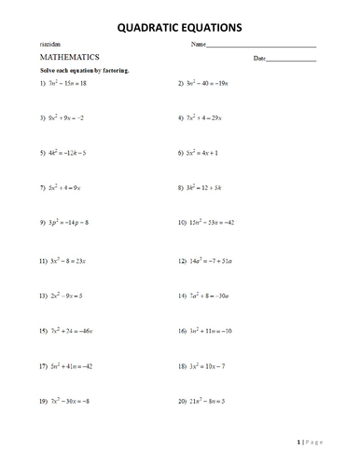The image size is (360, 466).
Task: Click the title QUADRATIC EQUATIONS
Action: pyautogui.click(x=180, y=28)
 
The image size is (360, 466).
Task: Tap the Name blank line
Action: pyautogui.click(x=262, y=46)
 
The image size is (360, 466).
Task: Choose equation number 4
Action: pyautogui.click(x=213, y=118)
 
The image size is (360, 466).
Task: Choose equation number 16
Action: pyautogui.click(x=215, y=331)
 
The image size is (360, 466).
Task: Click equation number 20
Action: pyautogui.click(x=213, y=402)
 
